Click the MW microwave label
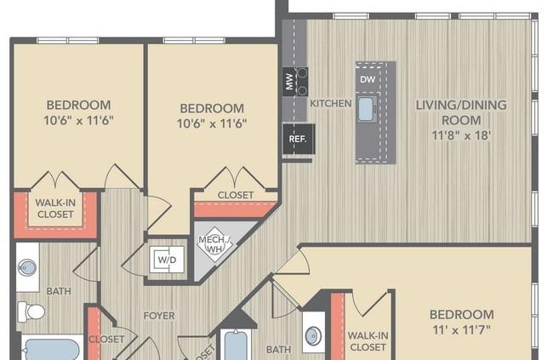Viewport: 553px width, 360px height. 288,83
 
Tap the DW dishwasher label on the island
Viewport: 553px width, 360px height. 368,80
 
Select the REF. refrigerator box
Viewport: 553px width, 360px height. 297,138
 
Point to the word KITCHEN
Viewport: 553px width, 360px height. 330,103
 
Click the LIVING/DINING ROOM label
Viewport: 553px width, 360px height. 461,111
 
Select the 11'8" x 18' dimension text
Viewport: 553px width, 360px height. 461,134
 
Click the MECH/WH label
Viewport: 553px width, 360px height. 210,244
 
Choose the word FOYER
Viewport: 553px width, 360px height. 158,316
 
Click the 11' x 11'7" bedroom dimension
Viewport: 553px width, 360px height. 461,329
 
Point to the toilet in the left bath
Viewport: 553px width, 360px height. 34,311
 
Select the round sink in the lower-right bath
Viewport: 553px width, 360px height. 312,336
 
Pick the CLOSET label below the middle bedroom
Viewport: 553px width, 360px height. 236,195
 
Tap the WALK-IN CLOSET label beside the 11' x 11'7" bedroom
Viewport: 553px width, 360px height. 368,341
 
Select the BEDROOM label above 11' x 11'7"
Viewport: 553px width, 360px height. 461,314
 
